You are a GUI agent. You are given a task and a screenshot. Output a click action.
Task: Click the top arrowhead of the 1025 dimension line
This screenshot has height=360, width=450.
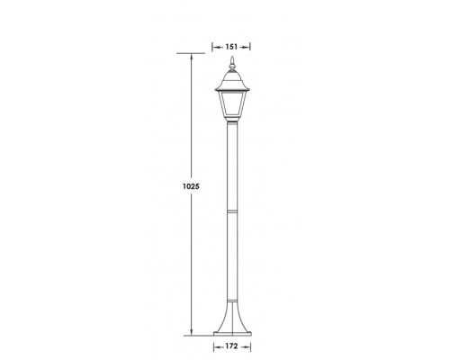pyautogui.click(x=192, y=57)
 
